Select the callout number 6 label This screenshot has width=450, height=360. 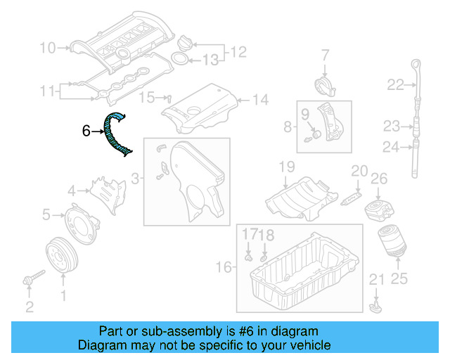coord(86,130)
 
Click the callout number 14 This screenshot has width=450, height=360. coord(260,100)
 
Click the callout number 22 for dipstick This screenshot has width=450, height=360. coord(396,85)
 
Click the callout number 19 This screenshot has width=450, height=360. coord(285,167)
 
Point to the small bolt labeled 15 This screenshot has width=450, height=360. coord(169,98)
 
